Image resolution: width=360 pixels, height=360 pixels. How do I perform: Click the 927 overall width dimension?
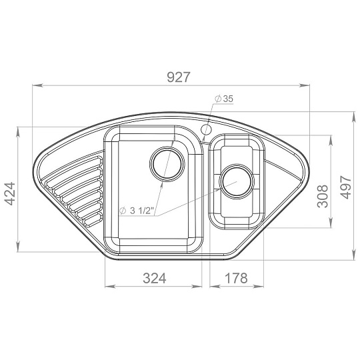[179, 77]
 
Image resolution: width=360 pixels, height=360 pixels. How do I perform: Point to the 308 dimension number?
[323, 196]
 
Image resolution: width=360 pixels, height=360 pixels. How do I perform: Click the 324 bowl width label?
[154, 278]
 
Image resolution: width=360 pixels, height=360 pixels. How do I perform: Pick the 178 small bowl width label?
[236, 278]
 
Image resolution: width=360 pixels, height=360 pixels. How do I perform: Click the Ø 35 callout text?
[224, 99]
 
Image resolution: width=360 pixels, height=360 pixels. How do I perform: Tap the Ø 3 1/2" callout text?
[137, 211]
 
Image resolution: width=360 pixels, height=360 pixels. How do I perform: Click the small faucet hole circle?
[206, 130]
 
